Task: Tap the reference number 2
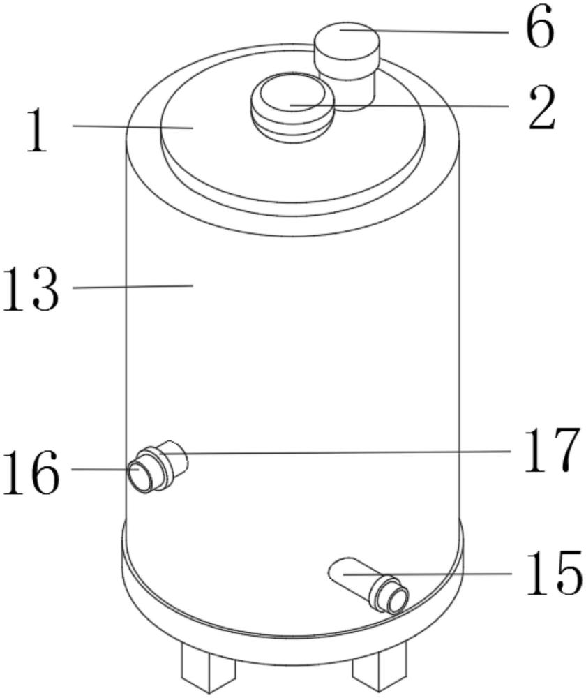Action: click(x=542, y=108)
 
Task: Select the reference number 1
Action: click(x=38, y=131)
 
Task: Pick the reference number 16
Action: click(x=30, y=472)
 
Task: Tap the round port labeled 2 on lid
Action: click(x=293, y=107)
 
